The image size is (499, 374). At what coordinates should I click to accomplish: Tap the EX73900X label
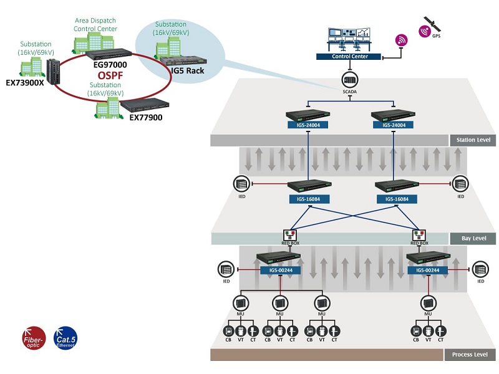click(x=25, y=82)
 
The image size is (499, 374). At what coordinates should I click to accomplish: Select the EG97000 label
click(x=110, y=64)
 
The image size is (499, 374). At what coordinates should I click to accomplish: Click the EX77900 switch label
click(x=146, y=117)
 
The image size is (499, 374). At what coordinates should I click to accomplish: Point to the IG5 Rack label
click(x=191, y=71)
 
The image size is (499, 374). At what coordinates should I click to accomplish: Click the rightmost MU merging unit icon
click(x=428, y=303)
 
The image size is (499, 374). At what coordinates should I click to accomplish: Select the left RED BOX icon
click(x=291, y=236)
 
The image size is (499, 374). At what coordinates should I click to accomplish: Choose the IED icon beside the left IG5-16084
click(x=241, y=184)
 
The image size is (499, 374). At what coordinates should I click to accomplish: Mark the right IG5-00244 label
click(x=427, y=270)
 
